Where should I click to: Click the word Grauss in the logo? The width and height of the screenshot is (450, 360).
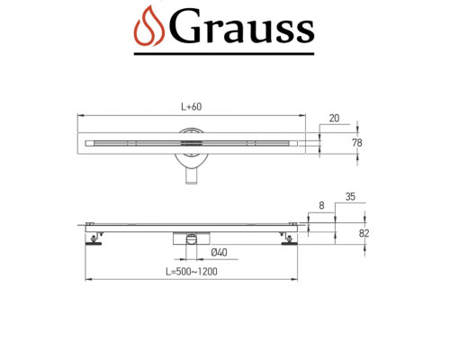click(242, 30)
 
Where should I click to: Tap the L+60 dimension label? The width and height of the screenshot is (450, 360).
click(190, 107)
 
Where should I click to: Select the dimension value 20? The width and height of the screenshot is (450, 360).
click(333, 119)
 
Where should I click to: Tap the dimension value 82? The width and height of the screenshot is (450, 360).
click(364, 232)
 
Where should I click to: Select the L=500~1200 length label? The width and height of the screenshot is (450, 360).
click(191, 271)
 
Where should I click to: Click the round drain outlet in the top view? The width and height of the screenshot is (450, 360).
click(192, 143)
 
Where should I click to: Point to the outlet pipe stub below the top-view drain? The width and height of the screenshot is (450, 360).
click(192, 179)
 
